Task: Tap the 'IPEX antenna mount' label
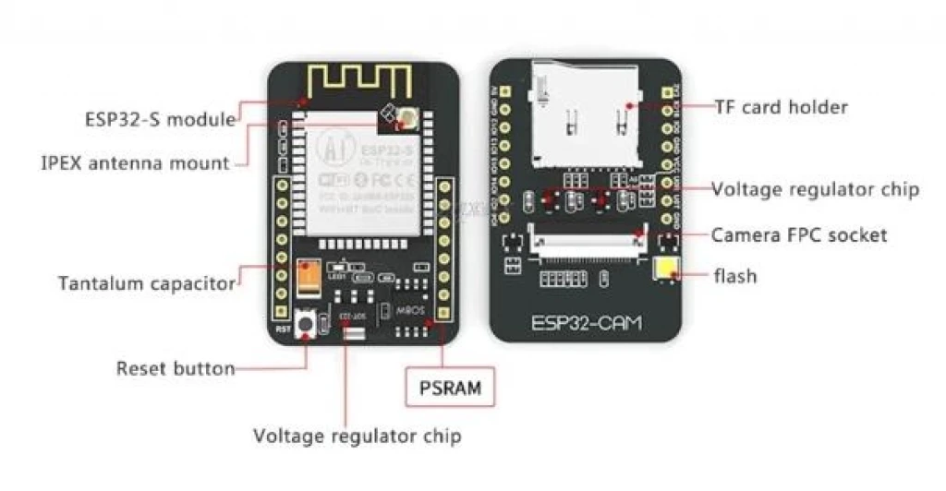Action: pyautogui.click(x=135, y=163)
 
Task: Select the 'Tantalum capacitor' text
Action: pyautogui.click(x=146, y=283)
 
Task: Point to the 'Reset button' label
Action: pyautogui.click(x=175, y=368)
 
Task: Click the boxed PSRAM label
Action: pyautogui.click(x=449, y=387)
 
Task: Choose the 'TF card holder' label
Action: pyautogui.click(x=781, y=107)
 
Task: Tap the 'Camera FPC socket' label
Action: pyautogui.click(x=798, y=234)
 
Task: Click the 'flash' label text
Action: pyautogui.click(x=735, y=275)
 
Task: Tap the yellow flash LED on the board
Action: pyautogui.click(x=663, y=270)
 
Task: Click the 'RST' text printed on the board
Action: pyautogui.click(x=283, y=328)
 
